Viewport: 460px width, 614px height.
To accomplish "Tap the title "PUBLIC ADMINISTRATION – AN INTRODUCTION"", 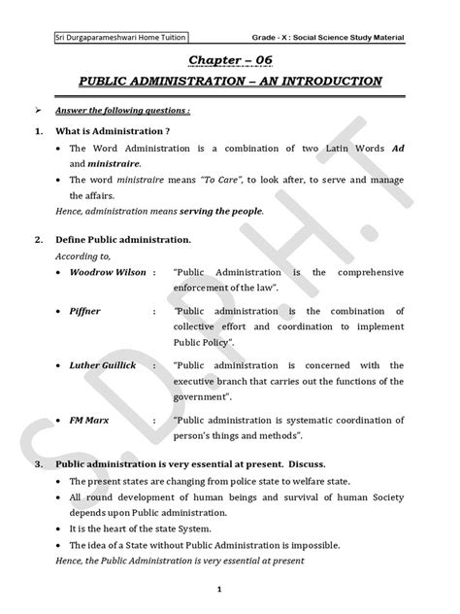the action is [x=229, y=81].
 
